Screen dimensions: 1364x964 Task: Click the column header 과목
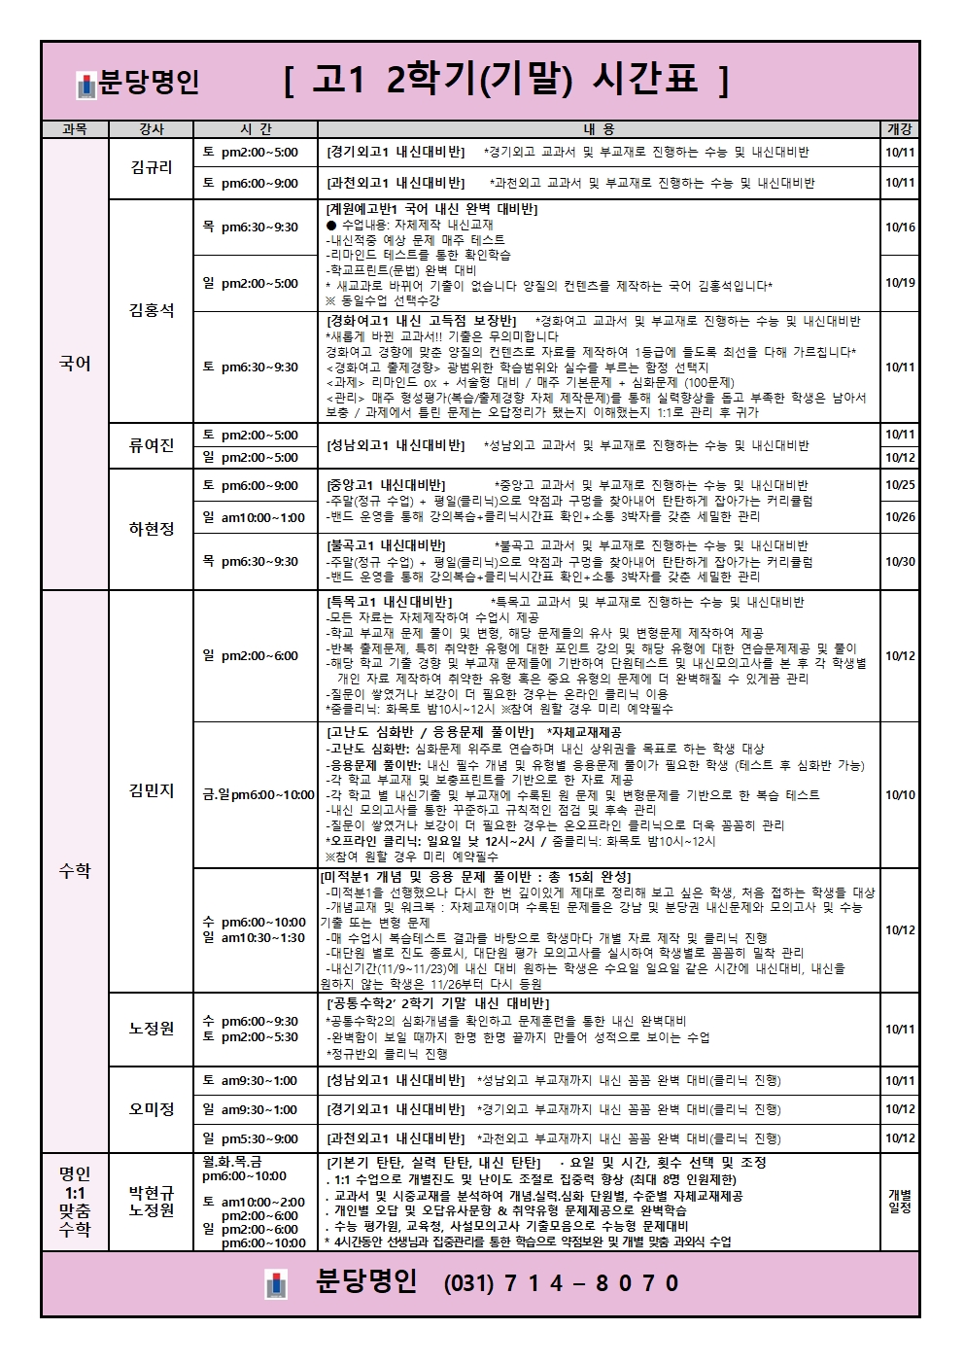(75, 129)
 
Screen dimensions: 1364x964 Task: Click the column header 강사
(152, 129)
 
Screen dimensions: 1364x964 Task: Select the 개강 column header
(900, 129)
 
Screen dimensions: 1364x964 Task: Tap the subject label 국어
(75, 364)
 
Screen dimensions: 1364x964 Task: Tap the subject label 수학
(75, 871)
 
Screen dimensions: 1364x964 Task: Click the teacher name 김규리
(152, 167)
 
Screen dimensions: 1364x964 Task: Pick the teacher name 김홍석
(152, 310)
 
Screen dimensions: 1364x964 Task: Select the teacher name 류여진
(152, 445)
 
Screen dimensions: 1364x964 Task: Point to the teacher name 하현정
(152, 529)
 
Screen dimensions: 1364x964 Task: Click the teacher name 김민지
(152, 790)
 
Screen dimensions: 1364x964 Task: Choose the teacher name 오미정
(152, 1109)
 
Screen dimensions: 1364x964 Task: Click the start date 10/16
(900, 227)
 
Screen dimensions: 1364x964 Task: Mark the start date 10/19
(900, 283)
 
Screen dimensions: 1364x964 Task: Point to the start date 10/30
(900, 562)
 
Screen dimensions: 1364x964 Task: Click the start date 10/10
(900, 795)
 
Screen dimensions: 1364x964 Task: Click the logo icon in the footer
(277, 1284)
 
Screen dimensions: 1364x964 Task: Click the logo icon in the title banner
(86, 86)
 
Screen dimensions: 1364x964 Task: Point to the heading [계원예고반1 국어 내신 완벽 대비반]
(431, 209)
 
